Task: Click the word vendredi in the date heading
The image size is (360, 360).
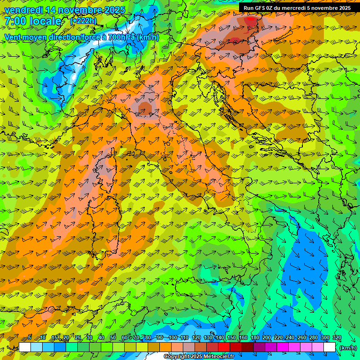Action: pos(23,10)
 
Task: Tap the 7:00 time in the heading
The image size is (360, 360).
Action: pos(16,21)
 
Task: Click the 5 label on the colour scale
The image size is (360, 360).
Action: pos(30,338)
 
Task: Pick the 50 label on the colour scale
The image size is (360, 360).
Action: pos(113,338)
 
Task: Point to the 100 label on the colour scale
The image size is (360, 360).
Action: pos(172,338)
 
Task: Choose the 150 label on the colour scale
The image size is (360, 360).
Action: pos(231,338)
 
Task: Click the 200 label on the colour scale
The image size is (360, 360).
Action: pos(266,338)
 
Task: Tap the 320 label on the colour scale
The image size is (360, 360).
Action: pos(337,338)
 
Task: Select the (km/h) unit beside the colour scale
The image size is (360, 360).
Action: pos(348,348)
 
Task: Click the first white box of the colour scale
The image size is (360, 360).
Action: pos(25,347)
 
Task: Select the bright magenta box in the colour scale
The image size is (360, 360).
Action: pos(283,347)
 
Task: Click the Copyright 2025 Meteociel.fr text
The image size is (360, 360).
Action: pos(199,357)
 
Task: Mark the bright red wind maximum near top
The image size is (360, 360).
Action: pos(252,21)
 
